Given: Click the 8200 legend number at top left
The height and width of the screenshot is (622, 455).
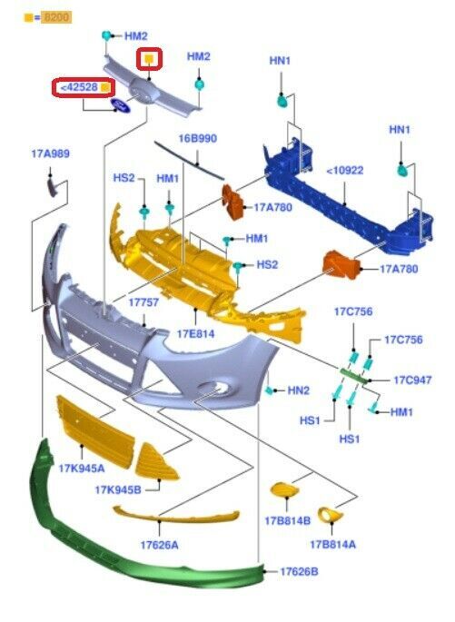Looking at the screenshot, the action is pos(57,17).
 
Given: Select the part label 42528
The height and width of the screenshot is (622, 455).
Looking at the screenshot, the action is pos(81,87).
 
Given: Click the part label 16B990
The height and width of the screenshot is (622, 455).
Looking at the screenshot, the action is pos(198,138).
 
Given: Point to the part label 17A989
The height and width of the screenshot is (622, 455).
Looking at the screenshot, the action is pos(50,153).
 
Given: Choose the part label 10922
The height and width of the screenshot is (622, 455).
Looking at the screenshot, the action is pos(347,171).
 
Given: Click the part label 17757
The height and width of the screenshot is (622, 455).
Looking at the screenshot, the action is pos(143,302).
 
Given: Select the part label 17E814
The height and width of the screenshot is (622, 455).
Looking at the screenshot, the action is pos(195,333).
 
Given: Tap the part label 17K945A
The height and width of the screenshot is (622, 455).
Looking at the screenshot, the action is pos(82,469).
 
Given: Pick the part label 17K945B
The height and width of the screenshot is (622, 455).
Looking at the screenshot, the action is pos(118,490).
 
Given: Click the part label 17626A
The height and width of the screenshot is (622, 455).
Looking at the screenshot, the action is pos(160,545).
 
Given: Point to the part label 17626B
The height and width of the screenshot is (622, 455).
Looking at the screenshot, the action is pos(299,572).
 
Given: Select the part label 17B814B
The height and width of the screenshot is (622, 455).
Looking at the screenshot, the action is pos(288,521).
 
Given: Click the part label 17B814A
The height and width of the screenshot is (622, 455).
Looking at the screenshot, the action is pos(332,544).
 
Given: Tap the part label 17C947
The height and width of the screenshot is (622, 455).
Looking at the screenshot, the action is pos(412,380).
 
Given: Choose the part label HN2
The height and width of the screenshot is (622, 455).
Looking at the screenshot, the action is pos(298,390).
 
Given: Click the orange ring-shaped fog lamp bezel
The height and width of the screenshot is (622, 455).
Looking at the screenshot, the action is pos(331,515).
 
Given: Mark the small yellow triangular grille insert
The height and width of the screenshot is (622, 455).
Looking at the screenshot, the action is pos(155,463).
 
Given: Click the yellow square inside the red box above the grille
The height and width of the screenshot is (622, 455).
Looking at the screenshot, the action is pos(149,59).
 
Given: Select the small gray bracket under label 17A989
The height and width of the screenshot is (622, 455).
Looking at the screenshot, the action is pos(53,187).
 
